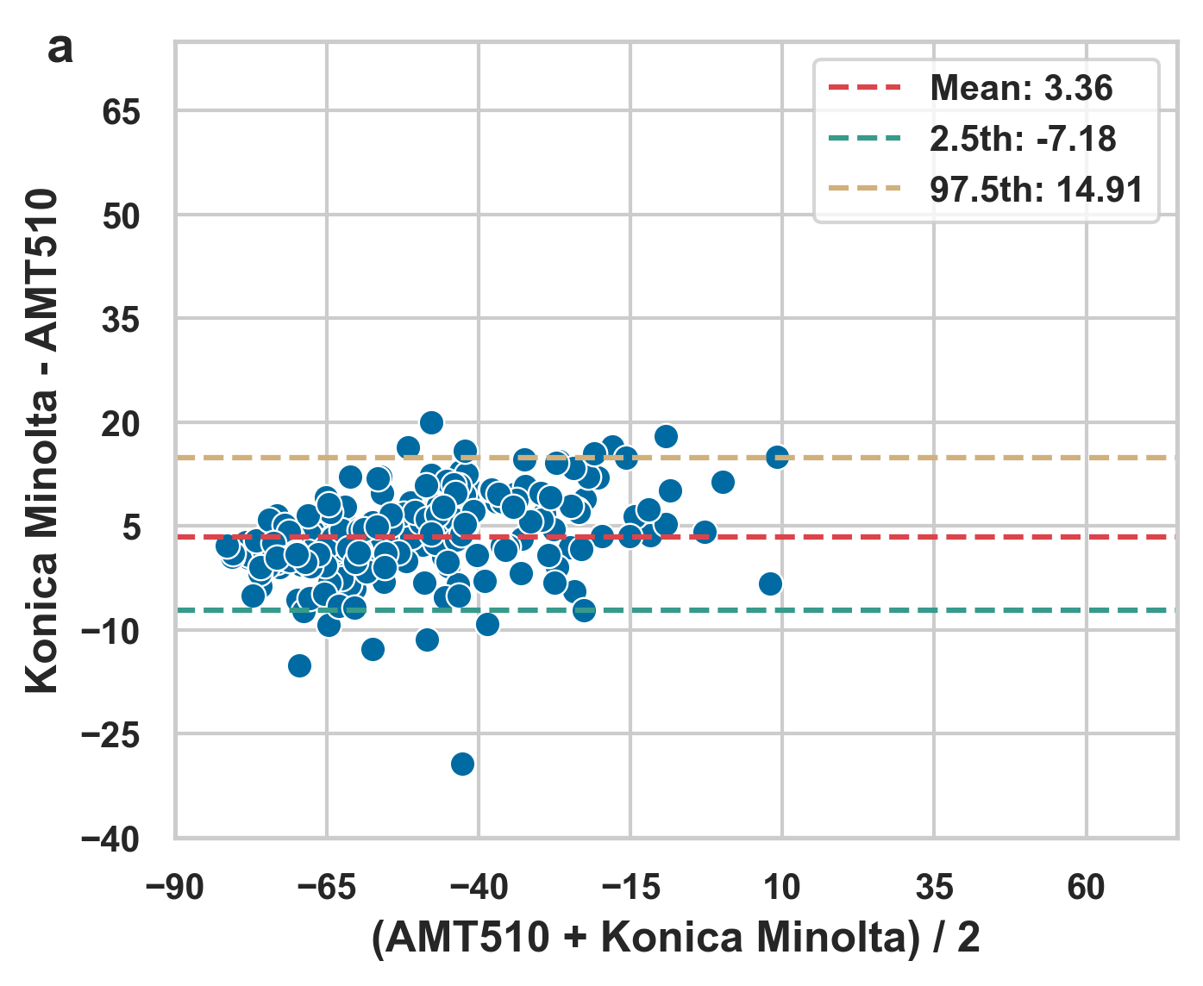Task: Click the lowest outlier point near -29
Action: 462,764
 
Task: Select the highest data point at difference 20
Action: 431,422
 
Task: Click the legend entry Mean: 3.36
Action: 1021,88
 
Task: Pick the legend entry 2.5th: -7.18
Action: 1023,139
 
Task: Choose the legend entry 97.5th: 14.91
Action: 1037,190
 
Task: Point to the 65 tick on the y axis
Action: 121,112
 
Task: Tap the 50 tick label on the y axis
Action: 121,216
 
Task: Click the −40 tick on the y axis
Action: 110,839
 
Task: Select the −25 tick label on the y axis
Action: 110,735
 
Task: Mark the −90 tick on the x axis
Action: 175,886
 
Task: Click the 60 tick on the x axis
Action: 1086,886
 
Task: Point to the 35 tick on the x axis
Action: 934,886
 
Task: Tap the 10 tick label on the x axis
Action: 782,886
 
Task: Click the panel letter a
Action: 60,49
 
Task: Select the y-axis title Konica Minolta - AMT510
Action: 41,440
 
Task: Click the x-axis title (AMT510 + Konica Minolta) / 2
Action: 676,938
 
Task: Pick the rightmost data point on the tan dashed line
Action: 777,457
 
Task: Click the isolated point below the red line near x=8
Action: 770,583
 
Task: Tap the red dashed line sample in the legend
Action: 864,88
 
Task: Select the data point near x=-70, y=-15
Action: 299,665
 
